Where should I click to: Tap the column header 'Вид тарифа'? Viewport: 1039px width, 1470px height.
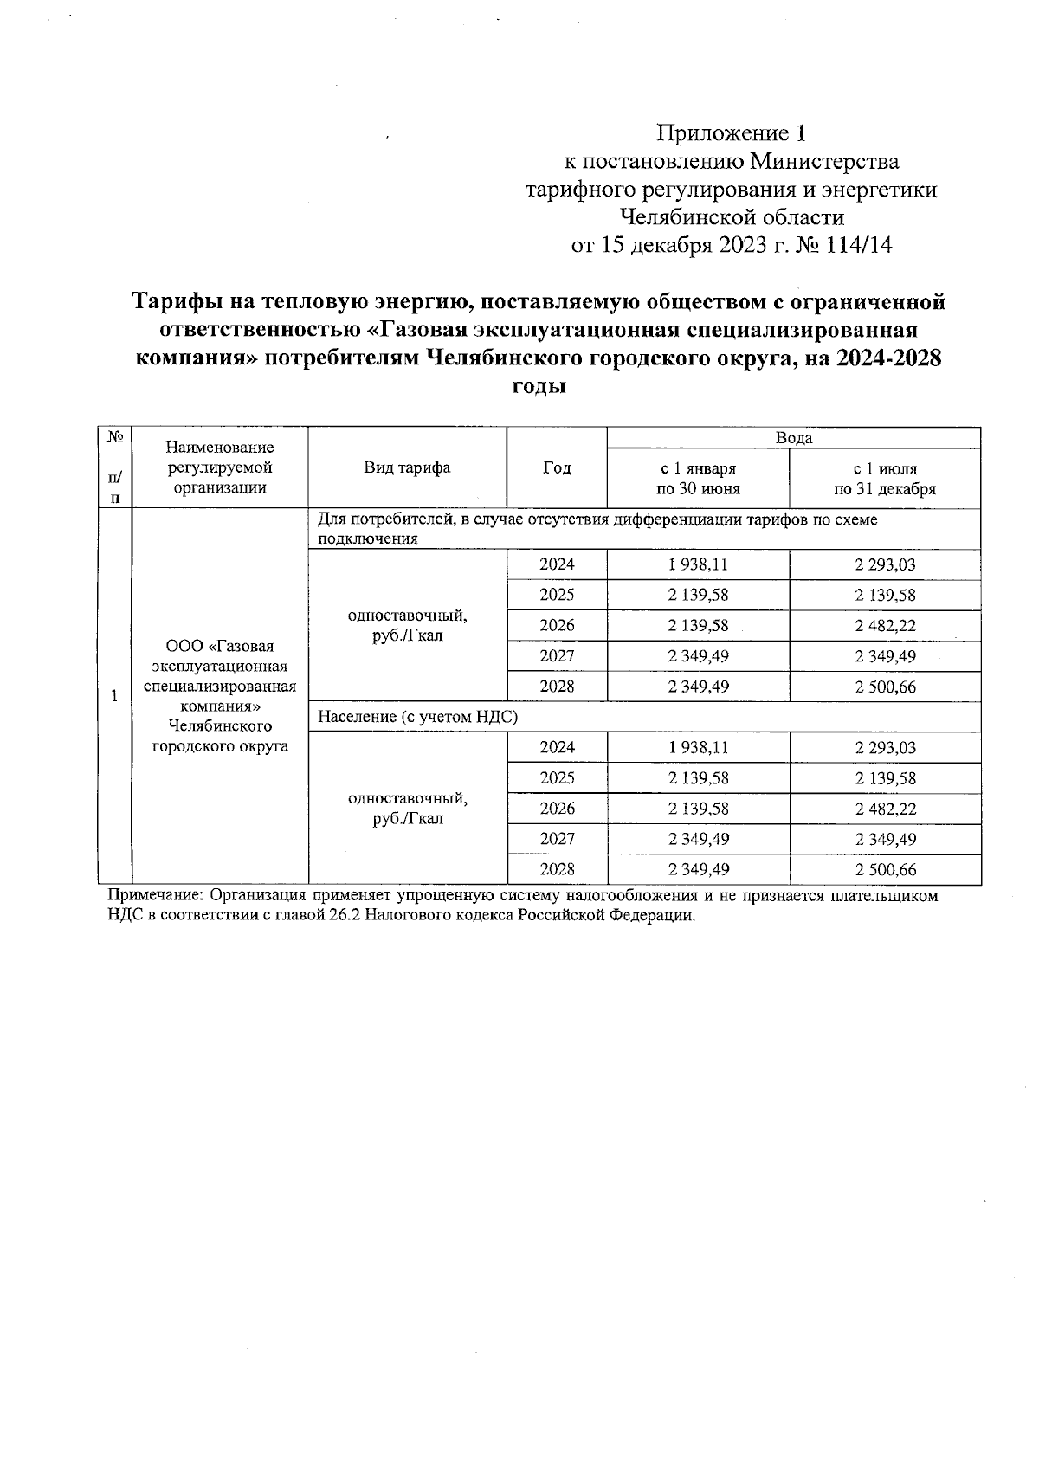tap(407, 468)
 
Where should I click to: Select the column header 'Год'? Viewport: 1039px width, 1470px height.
tap(556, 468)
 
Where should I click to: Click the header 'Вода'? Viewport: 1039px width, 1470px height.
tap(793, 438)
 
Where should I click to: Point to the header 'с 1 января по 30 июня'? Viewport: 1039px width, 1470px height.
tap(698, 479)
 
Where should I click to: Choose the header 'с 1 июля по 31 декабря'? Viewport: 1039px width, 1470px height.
tap(884, 479)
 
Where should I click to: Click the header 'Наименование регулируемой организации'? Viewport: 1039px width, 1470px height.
tap(220, 467)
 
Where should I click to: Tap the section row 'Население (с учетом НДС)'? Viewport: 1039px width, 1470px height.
tap(418, 718)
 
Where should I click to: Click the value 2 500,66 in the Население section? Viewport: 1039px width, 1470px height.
tap(885, 870)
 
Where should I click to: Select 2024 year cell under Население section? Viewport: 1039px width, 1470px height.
tap(556, 748)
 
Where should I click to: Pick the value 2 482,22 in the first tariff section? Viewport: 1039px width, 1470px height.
tap(885, 626)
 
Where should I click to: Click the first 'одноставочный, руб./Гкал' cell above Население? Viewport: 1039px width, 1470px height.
tap(407, 626)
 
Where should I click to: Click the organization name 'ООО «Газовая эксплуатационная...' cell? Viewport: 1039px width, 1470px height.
tap(220, 696)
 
